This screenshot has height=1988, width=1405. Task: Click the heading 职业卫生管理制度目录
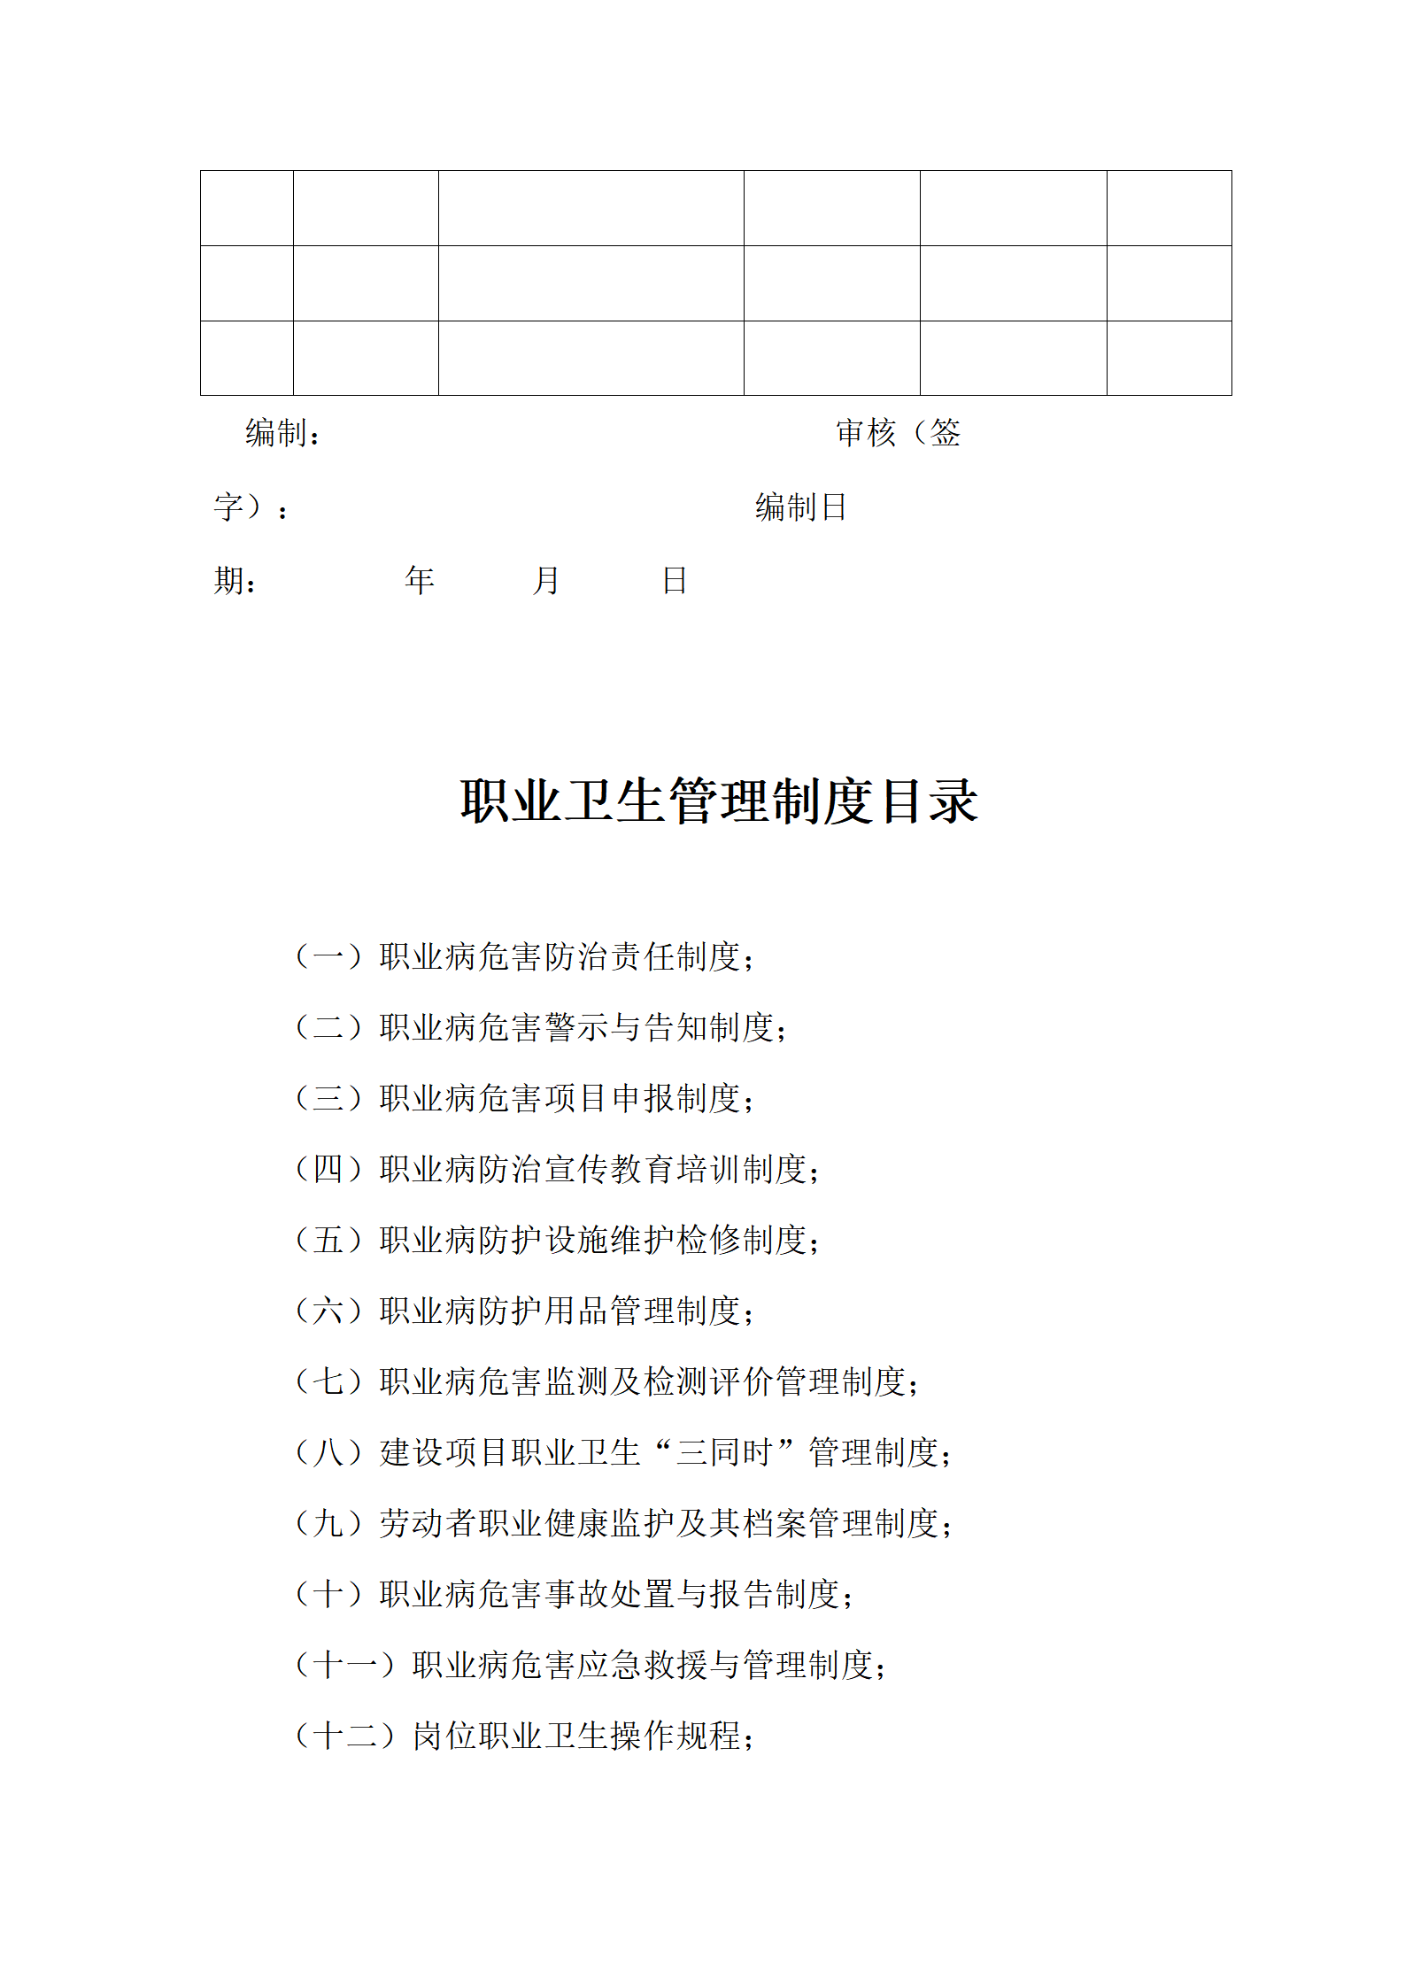click(x=719, y=801)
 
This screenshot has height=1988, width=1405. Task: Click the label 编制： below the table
click(x=282, y=434)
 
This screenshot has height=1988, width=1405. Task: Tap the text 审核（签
click(x=898, y=434)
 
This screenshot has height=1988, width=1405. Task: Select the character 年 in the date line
click(x=420, y=581)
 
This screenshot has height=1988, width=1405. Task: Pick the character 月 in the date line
click(x=546, y=581)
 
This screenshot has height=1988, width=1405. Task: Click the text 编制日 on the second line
click(x=800, y=507)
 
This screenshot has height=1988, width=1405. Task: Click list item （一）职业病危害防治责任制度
click(x=524, y=956)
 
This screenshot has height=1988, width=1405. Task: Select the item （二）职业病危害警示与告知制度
click(x=540, y=1027)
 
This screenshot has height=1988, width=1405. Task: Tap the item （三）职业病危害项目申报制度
click(x=524, y=1098)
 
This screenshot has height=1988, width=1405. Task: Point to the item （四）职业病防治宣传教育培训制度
click(x=557, y=1169)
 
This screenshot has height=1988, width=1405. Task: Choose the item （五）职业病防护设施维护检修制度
click(x=557, y=1240)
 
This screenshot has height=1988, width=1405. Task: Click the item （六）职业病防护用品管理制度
click(x=524, y=1311)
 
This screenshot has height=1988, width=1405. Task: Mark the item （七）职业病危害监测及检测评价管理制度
click(x=606, y=1381)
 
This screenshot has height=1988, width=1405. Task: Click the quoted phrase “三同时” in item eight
click(x=724, y=1452)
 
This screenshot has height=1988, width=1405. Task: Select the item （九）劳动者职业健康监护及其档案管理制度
click(x=622, y=1523)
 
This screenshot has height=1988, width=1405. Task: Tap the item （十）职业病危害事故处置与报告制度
click(x=574, y=1594)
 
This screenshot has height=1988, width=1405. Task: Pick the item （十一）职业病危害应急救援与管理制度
click(x=590, y=1665)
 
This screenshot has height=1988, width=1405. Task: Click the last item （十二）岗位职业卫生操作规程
click(x=524, y=1736)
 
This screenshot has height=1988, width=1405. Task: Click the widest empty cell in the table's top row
click(x=591, y=208)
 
